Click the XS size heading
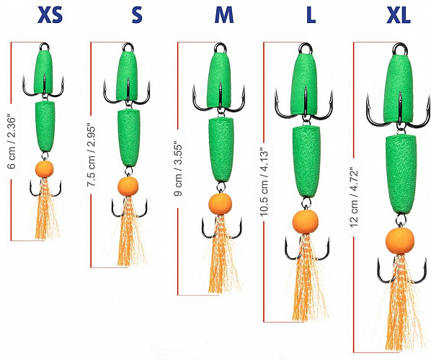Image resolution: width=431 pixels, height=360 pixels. tap(50, 14)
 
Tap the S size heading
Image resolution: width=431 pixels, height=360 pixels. tap(137, 14)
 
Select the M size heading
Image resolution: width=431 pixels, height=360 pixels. tap(224, 14)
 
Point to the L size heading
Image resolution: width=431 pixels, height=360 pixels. tap(311, 14)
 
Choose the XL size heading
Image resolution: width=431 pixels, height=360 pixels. tap(399, 14)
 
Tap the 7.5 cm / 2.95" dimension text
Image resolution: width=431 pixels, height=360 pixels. tap(91, 156)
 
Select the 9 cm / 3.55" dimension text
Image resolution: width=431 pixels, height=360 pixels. tap(178, 168)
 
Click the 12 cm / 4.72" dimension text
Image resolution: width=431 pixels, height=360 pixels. tap(354, 197)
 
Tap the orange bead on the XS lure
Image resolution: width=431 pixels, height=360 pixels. tap(44, 169)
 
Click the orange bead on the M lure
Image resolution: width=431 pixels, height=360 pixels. tap(220, 204)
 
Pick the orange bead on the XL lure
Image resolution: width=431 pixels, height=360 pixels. tap(400, 240)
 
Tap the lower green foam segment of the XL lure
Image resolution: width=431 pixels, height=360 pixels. tap(401, 174)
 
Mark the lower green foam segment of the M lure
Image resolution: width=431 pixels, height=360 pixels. tap(221, 149)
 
